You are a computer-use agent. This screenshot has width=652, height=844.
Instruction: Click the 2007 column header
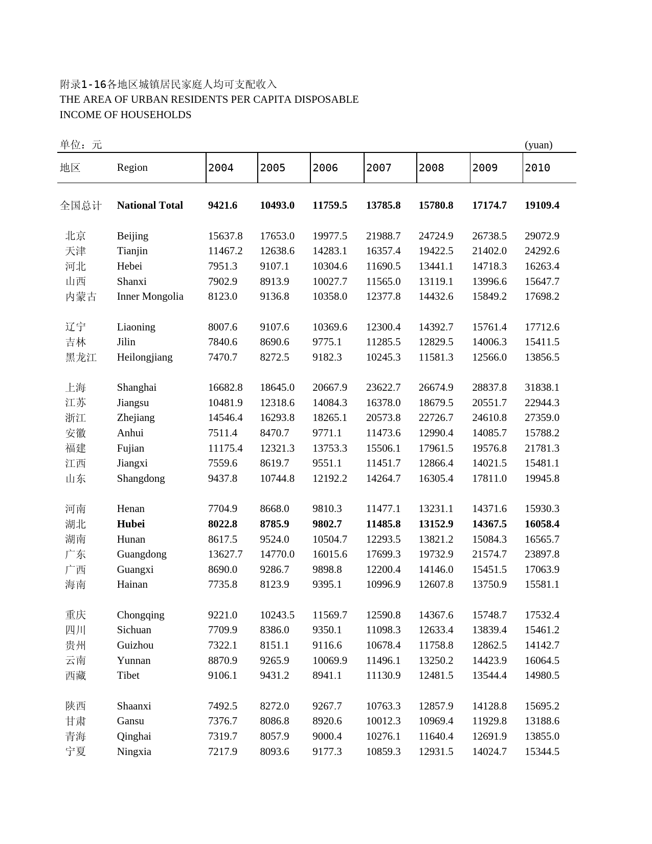pos(378,168)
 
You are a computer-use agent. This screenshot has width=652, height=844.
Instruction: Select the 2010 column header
pos(537,168)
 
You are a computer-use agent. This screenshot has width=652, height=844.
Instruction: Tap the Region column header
pos(132,167)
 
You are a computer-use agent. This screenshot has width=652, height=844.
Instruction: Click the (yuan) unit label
pos(538,145)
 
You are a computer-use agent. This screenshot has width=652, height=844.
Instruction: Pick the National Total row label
pos(150,205)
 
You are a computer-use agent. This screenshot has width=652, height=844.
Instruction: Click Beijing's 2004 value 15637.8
pos(225,236)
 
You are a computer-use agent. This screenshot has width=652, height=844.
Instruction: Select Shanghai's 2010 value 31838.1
pos(542,387)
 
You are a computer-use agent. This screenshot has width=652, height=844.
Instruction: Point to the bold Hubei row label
pos(131,524)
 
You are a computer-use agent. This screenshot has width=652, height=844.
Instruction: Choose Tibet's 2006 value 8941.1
pos(327,675)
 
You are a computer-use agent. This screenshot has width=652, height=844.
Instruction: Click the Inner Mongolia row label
pos(150,296)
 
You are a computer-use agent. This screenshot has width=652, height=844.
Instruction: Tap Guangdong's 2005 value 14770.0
pos(277,554)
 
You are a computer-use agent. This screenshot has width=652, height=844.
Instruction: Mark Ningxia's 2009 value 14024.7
pos(489,751)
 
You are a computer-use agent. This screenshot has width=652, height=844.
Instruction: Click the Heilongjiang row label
pos(145,357)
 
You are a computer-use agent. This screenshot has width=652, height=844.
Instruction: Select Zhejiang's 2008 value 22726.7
pos(436,417)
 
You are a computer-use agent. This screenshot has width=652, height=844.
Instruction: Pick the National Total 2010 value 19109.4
pos(542,205)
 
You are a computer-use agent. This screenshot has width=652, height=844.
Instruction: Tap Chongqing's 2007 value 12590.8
pos(383,615)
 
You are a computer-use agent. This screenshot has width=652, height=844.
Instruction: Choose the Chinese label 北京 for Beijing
pos(76,236)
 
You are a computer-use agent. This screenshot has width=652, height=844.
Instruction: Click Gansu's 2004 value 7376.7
pos(222,721)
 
